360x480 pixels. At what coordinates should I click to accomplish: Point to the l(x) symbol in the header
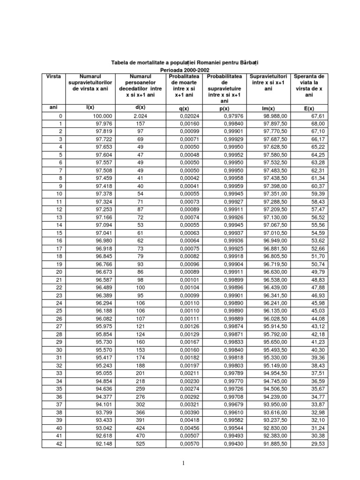[x=90, y=107]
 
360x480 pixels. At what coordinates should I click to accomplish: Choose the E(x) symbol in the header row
[x=309, y=108]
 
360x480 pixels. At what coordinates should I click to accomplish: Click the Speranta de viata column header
[x=309, y=85]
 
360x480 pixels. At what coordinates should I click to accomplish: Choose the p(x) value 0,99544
[x=233, y=427]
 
